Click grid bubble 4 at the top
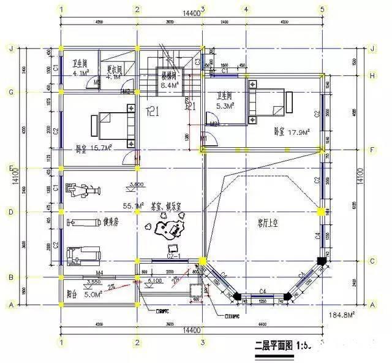tap(246, 9)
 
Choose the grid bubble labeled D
tap(10, 212)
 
